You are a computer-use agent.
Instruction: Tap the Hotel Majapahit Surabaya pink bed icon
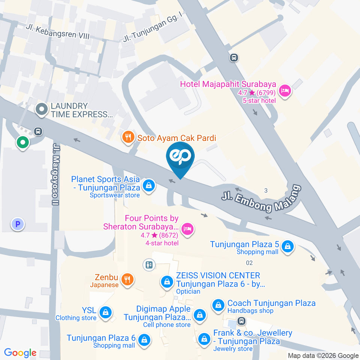(285, 90)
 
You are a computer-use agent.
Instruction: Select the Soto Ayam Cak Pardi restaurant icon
(128, 138)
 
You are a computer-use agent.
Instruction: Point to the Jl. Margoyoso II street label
(56, 174)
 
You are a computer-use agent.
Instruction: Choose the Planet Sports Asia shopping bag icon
(149, 185)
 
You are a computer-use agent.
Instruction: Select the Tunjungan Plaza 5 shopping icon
(287, 246)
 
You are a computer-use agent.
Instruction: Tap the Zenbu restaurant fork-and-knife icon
(127, 279)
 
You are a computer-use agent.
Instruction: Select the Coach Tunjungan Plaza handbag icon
(218, 306)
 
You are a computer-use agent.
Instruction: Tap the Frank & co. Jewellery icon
(204, 339)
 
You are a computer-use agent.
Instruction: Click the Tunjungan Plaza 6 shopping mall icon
(144, 340)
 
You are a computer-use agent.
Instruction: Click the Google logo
(20, 353)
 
